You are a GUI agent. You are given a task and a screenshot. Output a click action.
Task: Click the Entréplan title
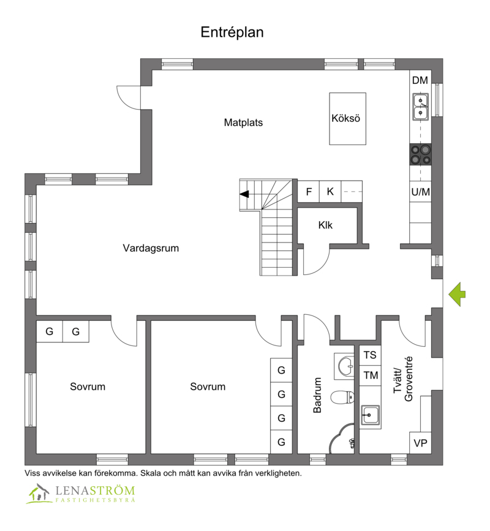pos(232,32)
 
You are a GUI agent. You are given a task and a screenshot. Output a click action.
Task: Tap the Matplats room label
pos(243,122)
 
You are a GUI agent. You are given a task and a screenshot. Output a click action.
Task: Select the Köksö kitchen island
pos(347,119)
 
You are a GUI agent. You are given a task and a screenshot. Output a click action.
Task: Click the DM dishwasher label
pos(420,80)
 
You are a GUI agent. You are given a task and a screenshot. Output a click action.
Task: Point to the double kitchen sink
pos(420,107)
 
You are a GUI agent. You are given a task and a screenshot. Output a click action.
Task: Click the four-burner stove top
pos(421,154)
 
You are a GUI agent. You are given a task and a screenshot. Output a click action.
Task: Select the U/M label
pos(421,192)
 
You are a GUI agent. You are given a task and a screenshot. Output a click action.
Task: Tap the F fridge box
pos(309,192)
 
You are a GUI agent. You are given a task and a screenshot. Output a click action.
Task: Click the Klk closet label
pos(325,225)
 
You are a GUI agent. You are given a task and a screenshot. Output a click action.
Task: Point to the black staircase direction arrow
pos(244,194)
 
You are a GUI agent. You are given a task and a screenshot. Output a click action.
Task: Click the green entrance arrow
pos(457,294)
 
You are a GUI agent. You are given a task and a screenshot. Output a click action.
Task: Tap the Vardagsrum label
pos(151,248)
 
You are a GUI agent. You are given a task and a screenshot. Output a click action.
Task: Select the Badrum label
pos(317,395)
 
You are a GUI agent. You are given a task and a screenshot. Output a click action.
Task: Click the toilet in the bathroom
pos(342,397)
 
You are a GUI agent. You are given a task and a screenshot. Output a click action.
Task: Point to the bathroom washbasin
pos(345,366)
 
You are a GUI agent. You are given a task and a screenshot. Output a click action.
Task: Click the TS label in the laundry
pos(370,355)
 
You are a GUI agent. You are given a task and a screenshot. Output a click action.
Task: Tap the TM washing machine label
pos(371,375)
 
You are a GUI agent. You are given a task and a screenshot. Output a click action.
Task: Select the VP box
pos(420,443)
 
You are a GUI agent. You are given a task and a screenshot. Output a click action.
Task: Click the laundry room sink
pos(370,415)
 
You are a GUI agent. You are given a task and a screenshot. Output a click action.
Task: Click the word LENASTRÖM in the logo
pos(95,491)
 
